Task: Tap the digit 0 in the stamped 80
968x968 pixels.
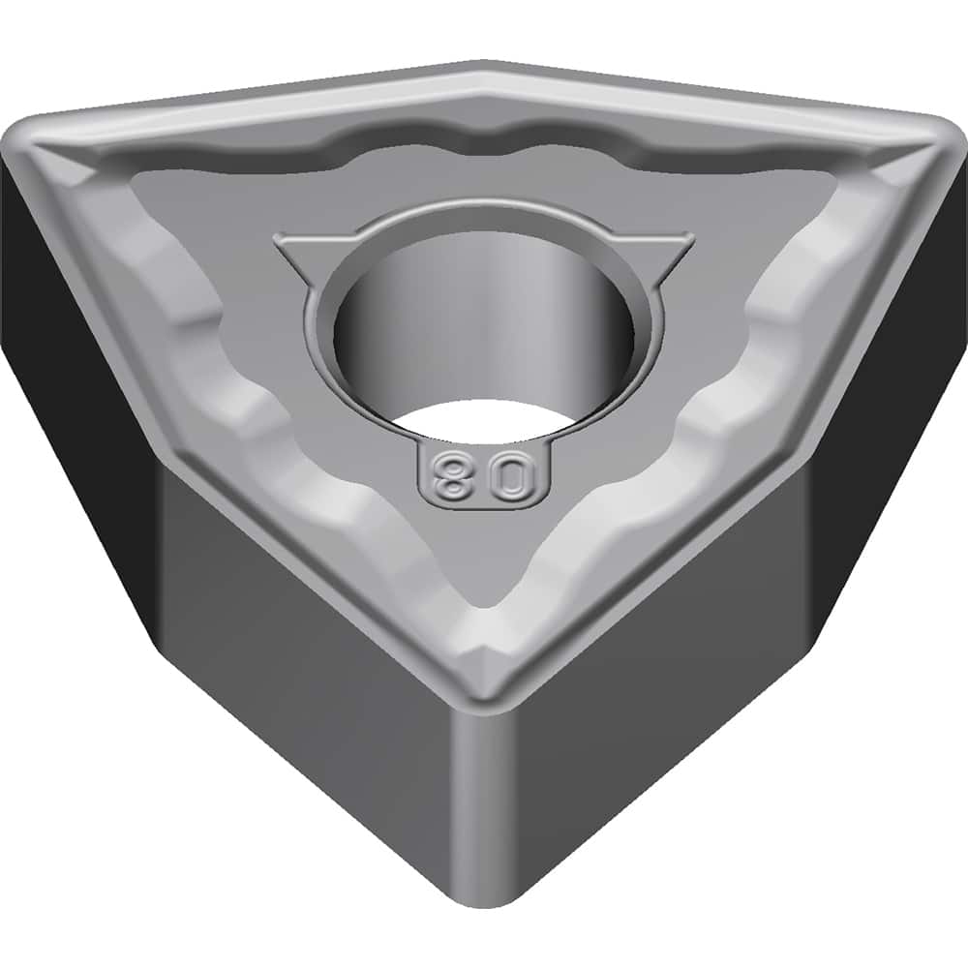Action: [516, 476]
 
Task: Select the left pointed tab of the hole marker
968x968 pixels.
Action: [289, 244]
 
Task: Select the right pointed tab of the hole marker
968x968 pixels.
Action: [678, 244]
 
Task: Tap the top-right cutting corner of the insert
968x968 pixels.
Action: [934, 136]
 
